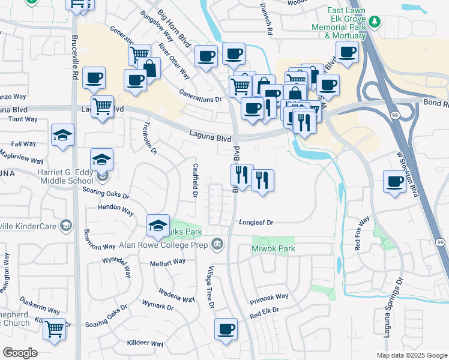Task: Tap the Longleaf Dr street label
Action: [256, 223]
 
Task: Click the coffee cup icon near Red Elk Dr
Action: [226, 329]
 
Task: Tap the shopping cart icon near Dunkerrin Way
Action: [55, 329]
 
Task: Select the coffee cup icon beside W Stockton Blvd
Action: [395, 181]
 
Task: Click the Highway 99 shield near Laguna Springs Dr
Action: [439, 242]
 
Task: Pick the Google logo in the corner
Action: [20, 352]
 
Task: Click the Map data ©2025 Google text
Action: [412, 355]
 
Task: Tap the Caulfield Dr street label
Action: [195, 179]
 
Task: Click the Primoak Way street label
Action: [270, 297]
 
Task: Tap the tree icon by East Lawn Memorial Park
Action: [375, 22]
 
